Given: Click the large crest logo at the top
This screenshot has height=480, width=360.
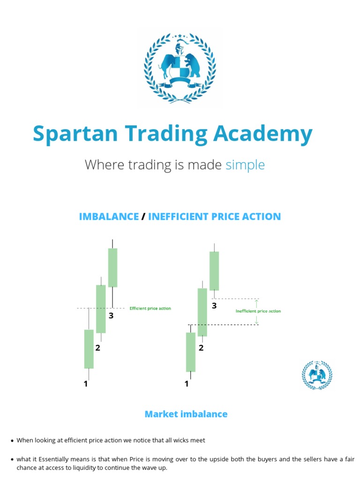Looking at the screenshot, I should click(x=180, y=67).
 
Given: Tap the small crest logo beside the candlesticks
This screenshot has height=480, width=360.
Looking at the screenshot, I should click(x=317, y=375).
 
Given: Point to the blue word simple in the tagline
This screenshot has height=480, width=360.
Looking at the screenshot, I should click(x=245, y=165).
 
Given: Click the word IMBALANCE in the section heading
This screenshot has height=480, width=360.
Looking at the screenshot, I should click(x=109, y=217).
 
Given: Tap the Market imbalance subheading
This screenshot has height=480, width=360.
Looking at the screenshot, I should click(x=186, y=414).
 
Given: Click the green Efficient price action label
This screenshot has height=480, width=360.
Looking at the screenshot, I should click(x=150, y=308).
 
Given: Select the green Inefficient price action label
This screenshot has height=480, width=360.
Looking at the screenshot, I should click(x=258, y=311).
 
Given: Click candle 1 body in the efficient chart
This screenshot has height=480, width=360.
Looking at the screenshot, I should click(x=89, y=349).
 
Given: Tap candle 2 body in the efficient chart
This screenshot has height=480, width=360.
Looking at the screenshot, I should click(x=101, y=309).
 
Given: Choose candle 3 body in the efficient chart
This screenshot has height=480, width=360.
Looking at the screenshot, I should click(x=112, y=267).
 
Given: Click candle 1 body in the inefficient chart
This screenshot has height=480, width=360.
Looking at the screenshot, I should click(x=190, y=352).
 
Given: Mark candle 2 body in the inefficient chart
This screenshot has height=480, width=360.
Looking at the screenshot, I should click(x=202, y=312).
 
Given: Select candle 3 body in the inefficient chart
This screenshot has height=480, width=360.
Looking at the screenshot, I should click(x=214, y=271).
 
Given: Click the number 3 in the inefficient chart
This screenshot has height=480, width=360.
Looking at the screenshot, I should click(x=214, y=306).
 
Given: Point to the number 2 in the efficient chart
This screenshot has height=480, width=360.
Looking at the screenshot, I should click(x=98, y=348).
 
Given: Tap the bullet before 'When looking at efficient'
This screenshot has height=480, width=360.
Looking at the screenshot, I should click(x=12, y=441).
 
